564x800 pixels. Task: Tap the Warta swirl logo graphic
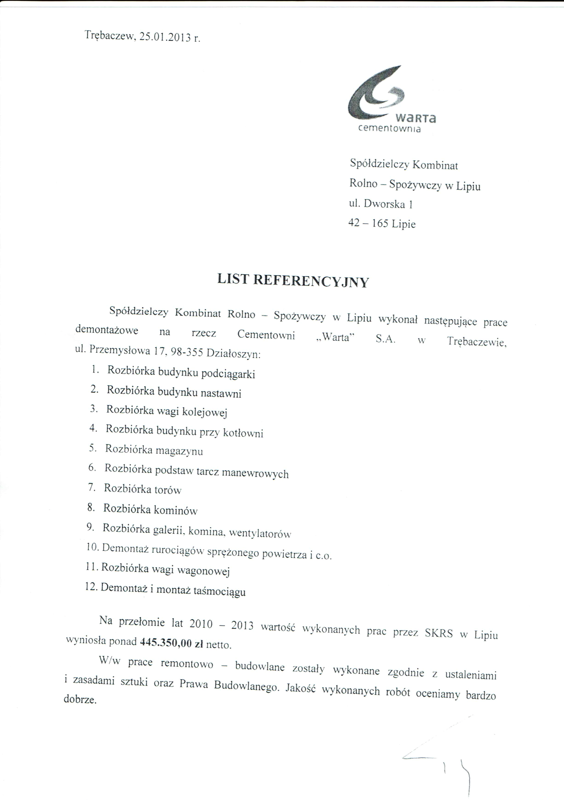coord(377,95)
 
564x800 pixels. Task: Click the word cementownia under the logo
coord(389,129)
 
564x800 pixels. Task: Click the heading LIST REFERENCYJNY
coord(293,280)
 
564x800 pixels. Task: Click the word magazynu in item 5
coord(179,451)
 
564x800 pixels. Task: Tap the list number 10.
coord(92,547)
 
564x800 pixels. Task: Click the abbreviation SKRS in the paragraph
coord(439,634)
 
